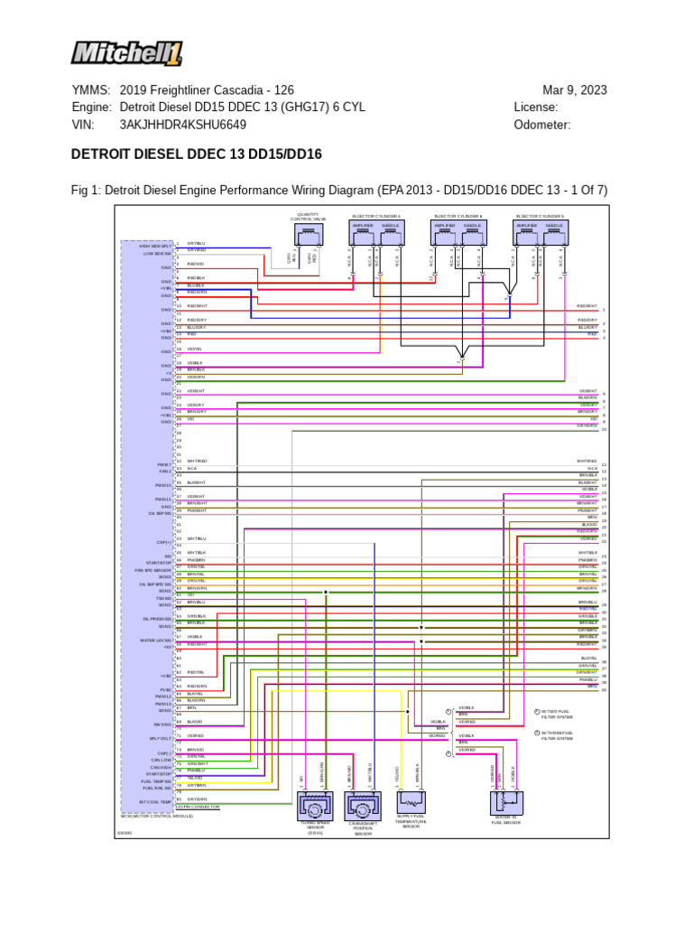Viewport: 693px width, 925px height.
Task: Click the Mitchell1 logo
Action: click(126, 51)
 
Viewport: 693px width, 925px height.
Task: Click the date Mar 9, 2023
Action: click(574, 90)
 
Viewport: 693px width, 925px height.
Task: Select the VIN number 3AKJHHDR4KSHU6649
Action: click(182, 125)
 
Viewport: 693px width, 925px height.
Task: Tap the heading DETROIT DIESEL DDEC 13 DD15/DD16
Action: click(196, 154)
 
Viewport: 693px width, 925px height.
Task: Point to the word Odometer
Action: click(542, 125)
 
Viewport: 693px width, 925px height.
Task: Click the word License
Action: click(536, 107)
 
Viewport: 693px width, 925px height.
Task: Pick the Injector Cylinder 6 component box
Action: click(458, 235)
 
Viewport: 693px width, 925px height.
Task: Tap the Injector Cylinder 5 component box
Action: click(540, 235)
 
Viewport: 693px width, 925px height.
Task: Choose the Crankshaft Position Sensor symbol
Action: click(363, 806)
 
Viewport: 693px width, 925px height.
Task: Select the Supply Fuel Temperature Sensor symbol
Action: click(411, 803)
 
